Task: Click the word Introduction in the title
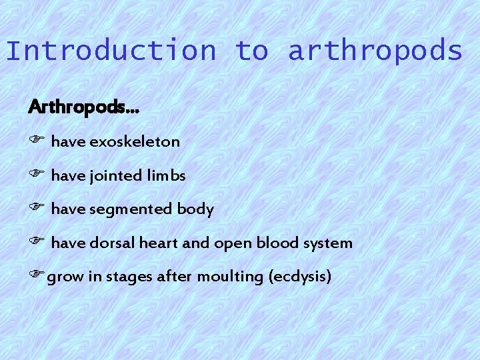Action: [111, 51]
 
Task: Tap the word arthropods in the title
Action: [375, 51]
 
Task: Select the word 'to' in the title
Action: [251, 51]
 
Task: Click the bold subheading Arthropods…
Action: [84, 107]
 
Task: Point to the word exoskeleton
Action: [134, 141]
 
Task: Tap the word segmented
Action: [130, 210]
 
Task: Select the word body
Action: [195, 210]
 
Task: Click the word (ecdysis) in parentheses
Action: [299, 277]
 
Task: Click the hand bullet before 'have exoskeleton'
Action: [36, 141]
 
